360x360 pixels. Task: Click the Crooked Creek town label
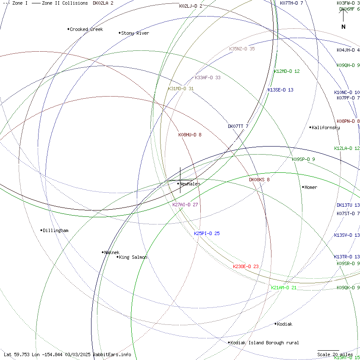86,29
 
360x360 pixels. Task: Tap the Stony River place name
135,33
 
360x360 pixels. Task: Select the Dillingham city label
55,230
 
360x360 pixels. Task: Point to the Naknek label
112,252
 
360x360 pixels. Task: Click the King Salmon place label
133,257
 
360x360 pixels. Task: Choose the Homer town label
310,187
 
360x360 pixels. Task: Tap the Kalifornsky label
325,127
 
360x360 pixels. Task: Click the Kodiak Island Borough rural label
265,343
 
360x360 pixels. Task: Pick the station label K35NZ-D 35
242,49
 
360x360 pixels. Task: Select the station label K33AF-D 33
208,78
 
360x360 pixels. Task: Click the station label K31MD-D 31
180,89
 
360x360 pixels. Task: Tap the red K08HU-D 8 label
190,135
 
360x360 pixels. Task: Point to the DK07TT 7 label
238,126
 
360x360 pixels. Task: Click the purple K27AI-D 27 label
185,205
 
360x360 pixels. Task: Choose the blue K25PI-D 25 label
207,233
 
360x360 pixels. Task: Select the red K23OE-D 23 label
246,266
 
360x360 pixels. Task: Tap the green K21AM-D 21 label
284,288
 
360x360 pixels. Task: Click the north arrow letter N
343,27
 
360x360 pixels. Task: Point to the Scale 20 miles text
335,354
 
